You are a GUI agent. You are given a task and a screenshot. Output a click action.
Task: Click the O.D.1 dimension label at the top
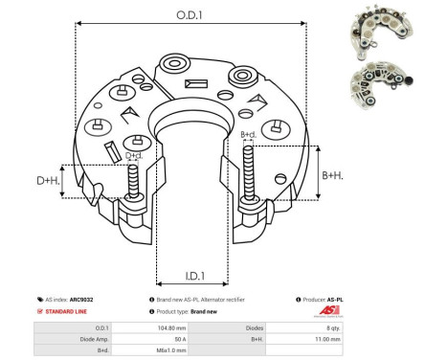pyautogui.click(x=187, y=15)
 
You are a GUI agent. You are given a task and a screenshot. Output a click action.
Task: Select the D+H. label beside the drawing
pyautogui.click(x=48, y=180)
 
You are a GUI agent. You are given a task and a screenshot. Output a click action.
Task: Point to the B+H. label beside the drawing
pyautogui.click(x=333, y=175)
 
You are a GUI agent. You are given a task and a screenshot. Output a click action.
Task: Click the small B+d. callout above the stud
pyautogui.click(x=249, y=135)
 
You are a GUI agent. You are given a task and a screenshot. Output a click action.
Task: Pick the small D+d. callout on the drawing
pyautogui.click(x=135, y=155)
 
